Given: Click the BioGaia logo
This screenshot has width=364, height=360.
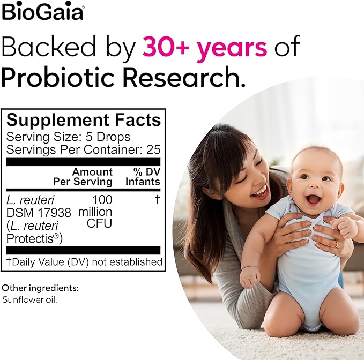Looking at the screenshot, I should pyautogui.click(x=43, y=11).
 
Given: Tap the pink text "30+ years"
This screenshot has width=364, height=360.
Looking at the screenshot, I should pyautogui.click(x=204, y=48).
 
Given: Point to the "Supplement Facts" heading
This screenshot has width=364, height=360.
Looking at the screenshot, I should pyautogui.click(x=84, y=120).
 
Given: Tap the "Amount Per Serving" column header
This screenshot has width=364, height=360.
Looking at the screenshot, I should pyautogui.click(x=92, y=177).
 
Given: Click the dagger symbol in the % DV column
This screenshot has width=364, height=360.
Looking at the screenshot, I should pyautogui.click(x=157, y=200).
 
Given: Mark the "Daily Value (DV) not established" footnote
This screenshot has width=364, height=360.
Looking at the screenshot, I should pyautogui.click(x=86, y=262).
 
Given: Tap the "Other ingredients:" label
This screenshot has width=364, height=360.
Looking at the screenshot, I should pyautogui.click(x=40, y=288).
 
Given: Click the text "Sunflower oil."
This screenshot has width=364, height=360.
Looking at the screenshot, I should pyautogui.click(x=29, y=299).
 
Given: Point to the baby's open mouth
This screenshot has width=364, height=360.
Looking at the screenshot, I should pyautogui.click(x=313, y=200).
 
